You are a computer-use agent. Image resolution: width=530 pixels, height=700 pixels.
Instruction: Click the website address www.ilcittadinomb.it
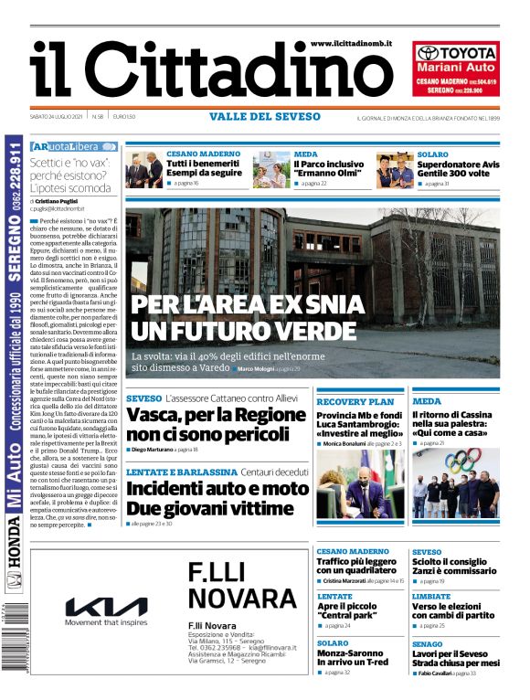351,43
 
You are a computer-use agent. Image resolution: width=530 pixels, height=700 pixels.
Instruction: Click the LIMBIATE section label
431,596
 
